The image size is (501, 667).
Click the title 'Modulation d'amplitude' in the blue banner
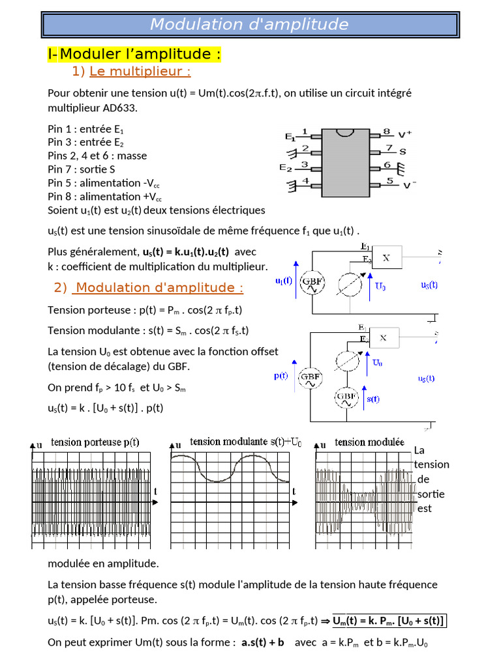pyautogui.click(x=249, y=24)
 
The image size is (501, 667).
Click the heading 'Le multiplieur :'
pyautogui.click(x=140, y=71)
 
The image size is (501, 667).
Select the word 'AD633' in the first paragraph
pyautogui.click(x=122, y=107)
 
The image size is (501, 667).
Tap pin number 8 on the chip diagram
pyautogui.click(x=386, y=131)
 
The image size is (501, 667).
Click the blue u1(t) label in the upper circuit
pyautogui.click(x=284, y=281)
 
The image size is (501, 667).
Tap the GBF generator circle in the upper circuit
pyautogui.click(x=312, y=283)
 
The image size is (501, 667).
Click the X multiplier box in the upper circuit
pyautogui.click(x=386, y=257)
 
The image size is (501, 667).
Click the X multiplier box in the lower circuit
pyautogui.click(x=384, y=337)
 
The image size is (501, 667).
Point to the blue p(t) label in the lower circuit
pyautogui.click(x=281, y=376)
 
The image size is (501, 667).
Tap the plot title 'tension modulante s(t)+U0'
pyautogui.click(x=246, y=442)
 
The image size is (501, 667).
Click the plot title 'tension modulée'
pyautogui.click(x=369, y=442)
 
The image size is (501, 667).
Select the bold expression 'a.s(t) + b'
pyautogui.click(x=263, y=642)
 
